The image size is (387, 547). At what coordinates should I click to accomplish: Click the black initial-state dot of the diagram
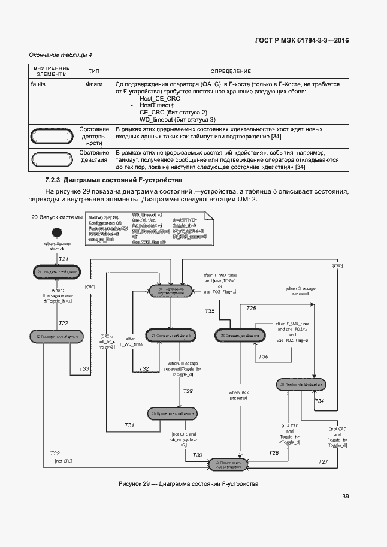(57, 232)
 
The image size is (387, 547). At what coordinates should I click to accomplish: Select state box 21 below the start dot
(56, 271)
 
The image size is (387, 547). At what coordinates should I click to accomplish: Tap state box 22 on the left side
(56, 337)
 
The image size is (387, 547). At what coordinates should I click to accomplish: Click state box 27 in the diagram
(171, 336)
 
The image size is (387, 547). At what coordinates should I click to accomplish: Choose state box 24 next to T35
(240, 336)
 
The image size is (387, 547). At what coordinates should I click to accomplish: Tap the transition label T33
(84, 368)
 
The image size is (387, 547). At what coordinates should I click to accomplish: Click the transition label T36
(263, 357)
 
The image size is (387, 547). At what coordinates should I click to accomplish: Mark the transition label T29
(188, 391)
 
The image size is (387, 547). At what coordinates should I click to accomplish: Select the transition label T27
(323, 461)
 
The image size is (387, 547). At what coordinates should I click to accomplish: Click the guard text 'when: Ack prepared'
(238, 395)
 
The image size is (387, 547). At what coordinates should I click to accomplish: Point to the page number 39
(346, 496)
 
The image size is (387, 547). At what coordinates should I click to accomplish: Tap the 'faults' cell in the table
(38, 84)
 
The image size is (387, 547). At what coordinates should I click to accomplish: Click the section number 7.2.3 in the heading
(55, 180)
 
